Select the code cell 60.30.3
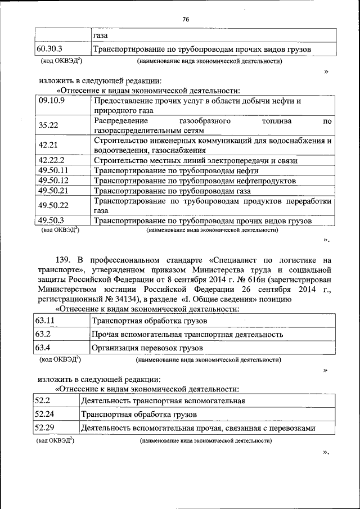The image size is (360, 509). [x=49, y=49]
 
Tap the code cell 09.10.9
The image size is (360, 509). [x=52, y=101]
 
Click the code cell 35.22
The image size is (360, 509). [x=48, y=125]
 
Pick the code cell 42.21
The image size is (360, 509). [x=48, y=145]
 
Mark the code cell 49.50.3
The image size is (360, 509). [x=51, y=220]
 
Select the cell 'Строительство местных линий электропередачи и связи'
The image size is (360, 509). [x=203, y=160]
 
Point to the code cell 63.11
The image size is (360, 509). [x=44, y=320]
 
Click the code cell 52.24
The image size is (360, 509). [x=43, y=415]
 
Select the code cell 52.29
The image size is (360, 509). [x=43, y=428]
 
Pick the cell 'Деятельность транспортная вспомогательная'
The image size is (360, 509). [x=163, y=401]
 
